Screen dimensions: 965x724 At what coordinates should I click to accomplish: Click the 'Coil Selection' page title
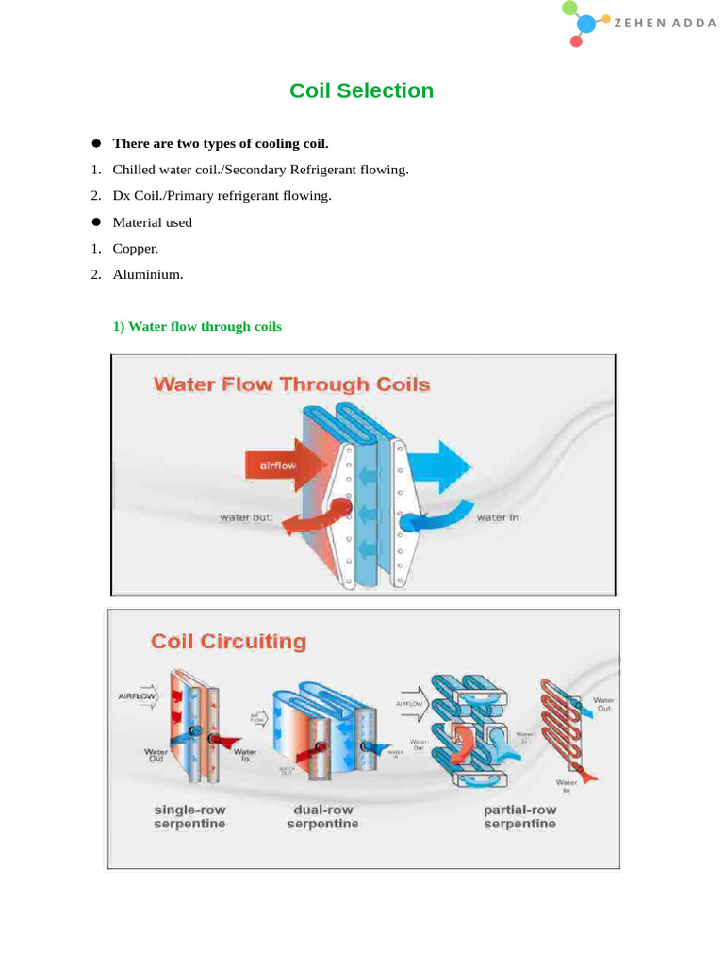(x=361, y=90)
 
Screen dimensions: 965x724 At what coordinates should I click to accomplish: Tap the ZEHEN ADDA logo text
(x=665, y=24)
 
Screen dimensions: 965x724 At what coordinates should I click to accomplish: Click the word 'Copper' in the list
(x=136, y=249)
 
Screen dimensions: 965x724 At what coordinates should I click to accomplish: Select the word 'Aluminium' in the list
(x=147, y=275)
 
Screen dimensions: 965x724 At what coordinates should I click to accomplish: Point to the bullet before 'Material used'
(x=95, y=222)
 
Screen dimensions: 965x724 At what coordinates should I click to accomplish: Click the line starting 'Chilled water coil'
(x=260, y=170)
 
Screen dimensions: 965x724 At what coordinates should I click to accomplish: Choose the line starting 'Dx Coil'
(x=222, y=196)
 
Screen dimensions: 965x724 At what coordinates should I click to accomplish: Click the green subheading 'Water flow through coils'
(x=197, y=326)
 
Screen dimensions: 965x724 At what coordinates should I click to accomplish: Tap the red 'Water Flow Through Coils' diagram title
(x=291, y=384)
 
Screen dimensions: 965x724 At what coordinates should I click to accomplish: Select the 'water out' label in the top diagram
(x=246, y=517)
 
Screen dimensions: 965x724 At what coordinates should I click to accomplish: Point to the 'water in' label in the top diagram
(x=498, y=517)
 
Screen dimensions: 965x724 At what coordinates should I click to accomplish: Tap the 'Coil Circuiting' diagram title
(x=229, y=642)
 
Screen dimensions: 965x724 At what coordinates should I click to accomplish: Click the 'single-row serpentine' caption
(x=189, y=816)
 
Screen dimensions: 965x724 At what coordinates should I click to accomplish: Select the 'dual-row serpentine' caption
(x=322, y=816)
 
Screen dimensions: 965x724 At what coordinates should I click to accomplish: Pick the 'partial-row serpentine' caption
(x=519, y=816)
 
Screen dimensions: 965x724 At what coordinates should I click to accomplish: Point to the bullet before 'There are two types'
(x=95, y=143)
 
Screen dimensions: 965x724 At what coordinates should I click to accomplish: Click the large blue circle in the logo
(x=586, y=25)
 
